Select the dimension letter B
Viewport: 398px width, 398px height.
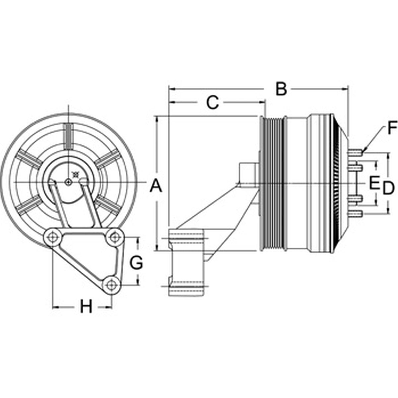point(281,89)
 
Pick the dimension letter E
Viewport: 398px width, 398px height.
point(374,183)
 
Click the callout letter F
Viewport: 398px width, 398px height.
point(392,127)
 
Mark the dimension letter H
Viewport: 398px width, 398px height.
point(86,306)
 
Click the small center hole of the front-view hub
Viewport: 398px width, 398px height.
point(68,182)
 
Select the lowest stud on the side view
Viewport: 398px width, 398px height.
point(356,213)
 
